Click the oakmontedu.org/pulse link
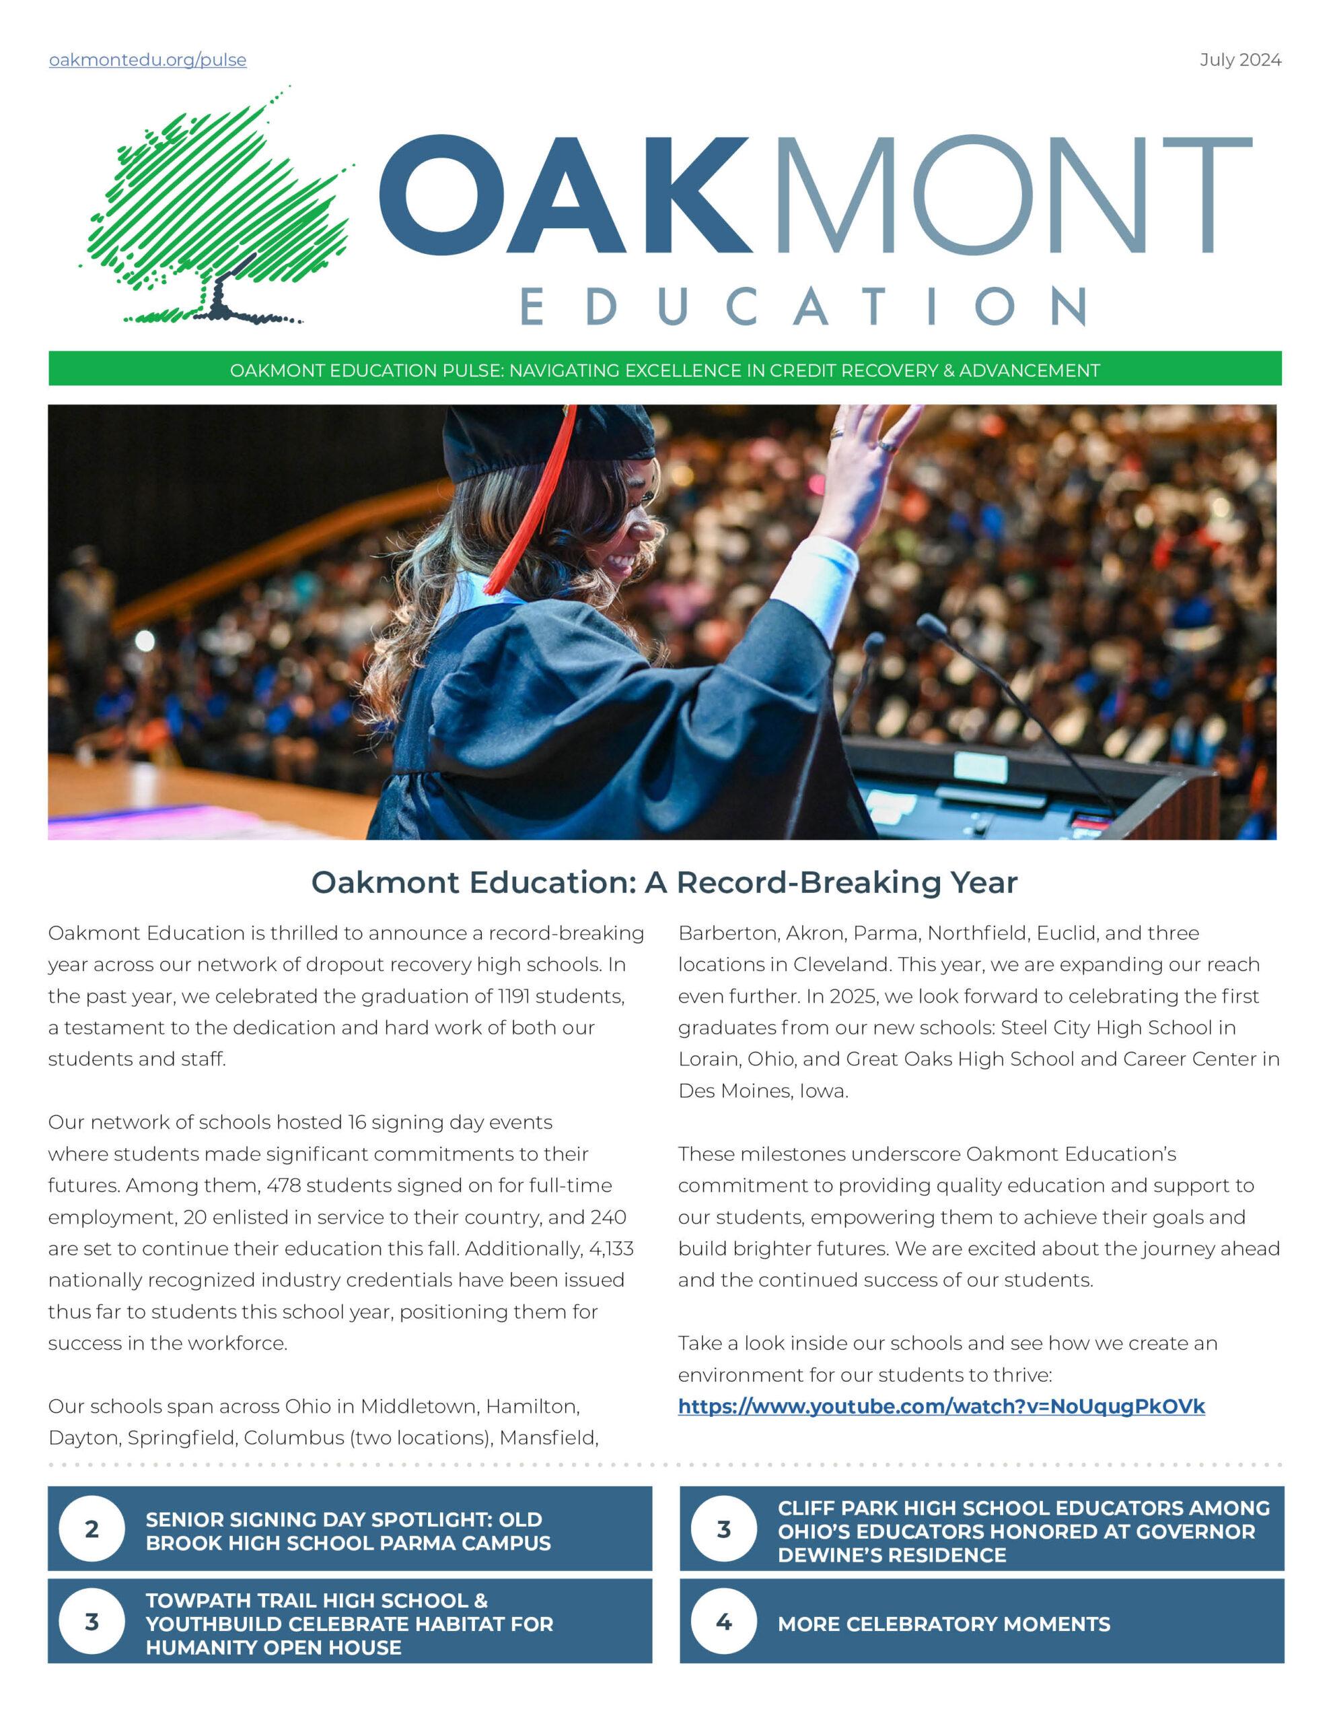coord(147,60)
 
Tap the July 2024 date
coord(1239,60)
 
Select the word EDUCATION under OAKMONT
coord(803,306)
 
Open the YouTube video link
coord(941,1406)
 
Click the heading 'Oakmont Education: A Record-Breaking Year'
coord(664,882)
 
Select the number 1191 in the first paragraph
coord(514,996)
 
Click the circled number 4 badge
coord(723,1622)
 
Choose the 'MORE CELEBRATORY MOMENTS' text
coord(943,1624)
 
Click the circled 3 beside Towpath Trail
coord(92,1622)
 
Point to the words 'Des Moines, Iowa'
coord(762,1091)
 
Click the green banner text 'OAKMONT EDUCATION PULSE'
coord(366,370)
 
